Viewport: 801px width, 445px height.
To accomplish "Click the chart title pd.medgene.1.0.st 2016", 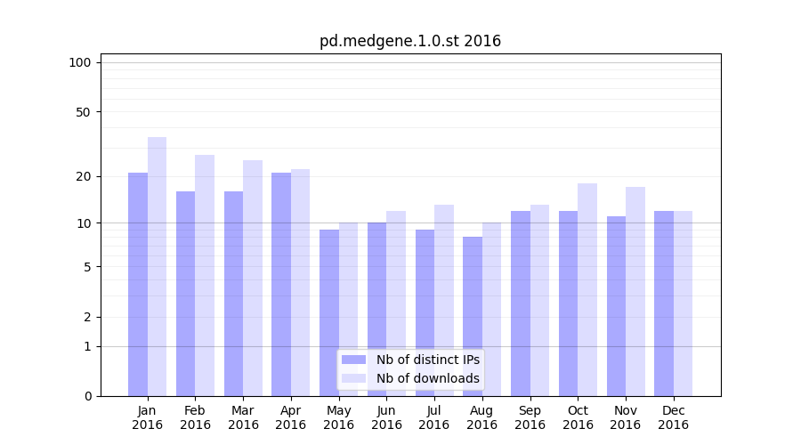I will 410,41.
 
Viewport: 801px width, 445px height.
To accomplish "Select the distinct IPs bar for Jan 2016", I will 138,285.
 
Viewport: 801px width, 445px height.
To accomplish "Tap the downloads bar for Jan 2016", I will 157,267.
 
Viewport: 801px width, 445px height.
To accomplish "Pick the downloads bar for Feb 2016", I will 205,276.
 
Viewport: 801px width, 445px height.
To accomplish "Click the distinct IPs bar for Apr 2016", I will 281,285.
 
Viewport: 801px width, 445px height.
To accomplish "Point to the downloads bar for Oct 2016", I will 587,290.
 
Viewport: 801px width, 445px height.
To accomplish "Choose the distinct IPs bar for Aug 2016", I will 473,317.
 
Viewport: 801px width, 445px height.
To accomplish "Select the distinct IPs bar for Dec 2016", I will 664,303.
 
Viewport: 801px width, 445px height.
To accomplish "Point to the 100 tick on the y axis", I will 80,62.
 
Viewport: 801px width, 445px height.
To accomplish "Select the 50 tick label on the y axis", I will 83,112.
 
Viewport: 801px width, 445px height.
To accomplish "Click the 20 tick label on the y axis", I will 83,176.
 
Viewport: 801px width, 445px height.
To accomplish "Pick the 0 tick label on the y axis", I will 87,396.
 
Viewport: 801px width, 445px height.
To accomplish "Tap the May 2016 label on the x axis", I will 338,417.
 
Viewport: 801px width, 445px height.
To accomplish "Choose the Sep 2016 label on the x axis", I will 530,417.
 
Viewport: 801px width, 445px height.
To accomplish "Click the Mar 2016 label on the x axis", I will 243,417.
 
